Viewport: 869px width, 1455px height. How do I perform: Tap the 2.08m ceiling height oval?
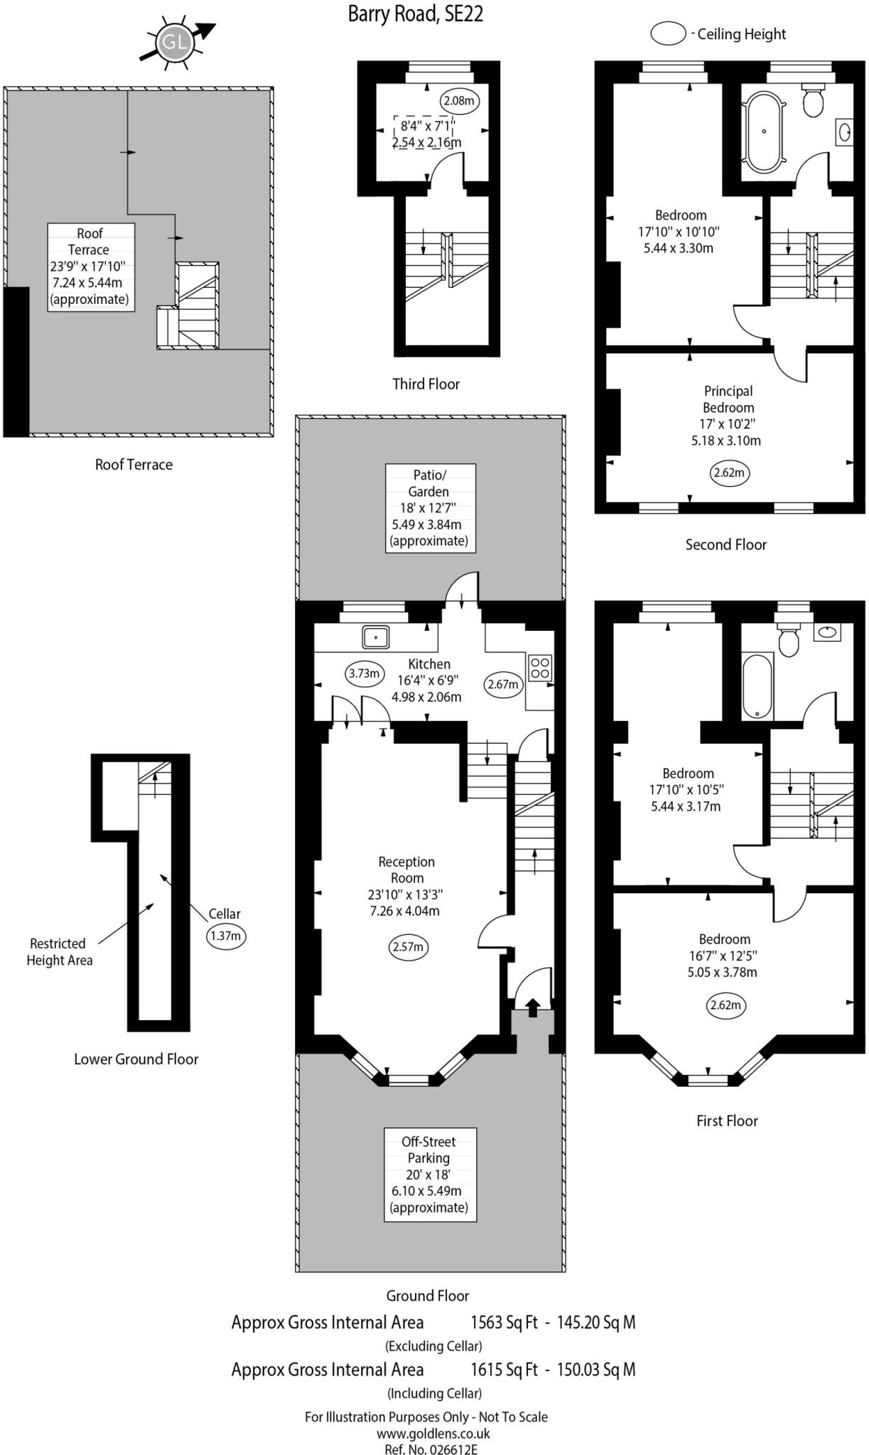pos(458,101)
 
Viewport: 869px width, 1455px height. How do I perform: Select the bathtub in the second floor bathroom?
pos(764,133)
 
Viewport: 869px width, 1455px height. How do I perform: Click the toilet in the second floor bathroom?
pos(813,100)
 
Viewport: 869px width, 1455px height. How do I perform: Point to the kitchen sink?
pos(376,637)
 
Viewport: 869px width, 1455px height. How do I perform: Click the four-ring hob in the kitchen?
pos(540,667)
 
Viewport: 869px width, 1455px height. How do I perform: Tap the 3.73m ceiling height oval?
pos(364,673)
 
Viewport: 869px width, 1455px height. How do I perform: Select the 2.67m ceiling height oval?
pos(503,684)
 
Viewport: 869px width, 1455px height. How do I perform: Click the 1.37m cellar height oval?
pos(226,936)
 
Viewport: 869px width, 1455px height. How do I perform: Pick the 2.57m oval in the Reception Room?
pos(409,946)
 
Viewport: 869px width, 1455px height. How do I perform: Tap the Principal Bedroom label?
pos(728,399)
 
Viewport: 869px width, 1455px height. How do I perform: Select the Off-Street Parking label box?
pos(429,1174)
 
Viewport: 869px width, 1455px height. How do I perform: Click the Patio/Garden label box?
pos(430,508)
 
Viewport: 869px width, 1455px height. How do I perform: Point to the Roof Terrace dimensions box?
pos(90,266)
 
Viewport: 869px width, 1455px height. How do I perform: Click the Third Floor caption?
pos(426,384)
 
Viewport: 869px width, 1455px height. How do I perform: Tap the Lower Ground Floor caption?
pos(136,1059)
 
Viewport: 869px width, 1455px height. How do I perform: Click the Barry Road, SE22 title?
pos(416,14)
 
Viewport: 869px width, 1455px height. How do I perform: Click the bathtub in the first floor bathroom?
pos(757,686)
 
